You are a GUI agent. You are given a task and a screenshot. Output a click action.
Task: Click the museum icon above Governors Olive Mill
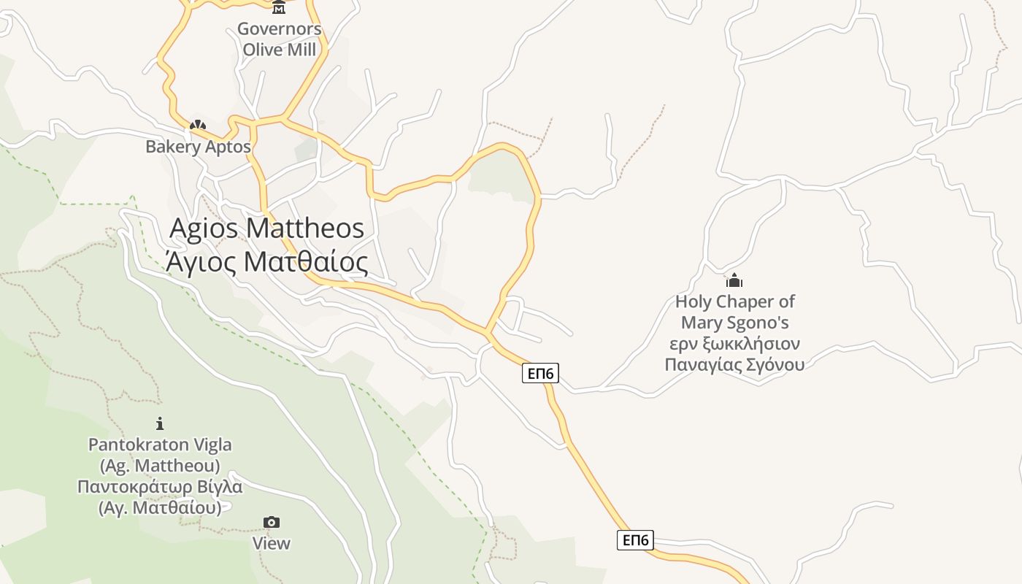point(279,8)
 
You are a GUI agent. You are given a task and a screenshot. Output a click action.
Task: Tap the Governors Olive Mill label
point(280,39)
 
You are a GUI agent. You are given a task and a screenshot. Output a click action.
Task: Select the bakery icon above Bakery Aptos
point(197,126)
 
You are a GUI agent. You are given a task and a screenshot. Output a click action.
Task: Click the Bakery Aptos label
point(198,147)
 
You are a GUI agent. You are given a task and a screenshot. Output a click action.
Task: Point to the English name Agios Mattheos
point(266,228)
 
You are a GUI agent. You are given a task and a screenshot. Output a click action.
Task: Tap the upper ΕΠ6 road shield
point(541,374)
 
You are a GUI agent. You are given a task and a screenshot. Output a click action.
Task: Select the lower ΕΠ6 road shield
point(635,540)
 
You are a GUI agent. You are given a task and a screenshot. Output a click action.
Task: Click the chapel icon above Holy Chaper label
point(734,280)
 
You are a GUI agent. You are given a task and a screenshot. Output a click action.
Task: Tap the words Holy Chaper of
point(734,301)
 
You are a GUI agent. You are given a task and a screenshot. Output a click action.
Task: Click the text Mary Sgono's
point(734,323)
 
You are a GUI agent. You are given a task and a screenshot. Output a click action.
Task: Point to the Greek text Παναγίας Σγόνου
point(734,364)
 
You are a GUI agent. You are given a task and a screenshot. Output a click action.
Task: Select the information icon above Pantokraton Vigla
point(160,423)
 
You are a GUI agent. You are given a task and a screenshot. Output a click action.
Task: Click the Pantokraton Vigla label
point(160,445)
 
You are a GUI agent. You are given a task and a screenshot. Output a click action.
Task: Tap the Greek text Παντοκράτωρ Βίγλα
point(160,486)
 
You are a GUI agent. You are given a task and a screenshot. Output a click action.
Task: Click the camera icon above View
point(272,522)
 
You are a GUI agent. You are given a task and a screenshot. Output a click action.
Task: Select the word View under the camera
point(272,543)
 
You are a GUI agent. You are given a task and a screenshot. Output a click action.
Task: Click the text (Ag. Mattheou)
point(160,465)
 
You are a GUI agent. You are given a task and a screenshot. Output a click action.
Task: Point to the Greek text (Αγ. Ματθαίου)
point(160,507)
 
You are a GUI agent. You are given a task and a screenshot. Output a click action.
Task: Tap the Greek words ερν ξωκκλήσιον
point(734,344)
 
